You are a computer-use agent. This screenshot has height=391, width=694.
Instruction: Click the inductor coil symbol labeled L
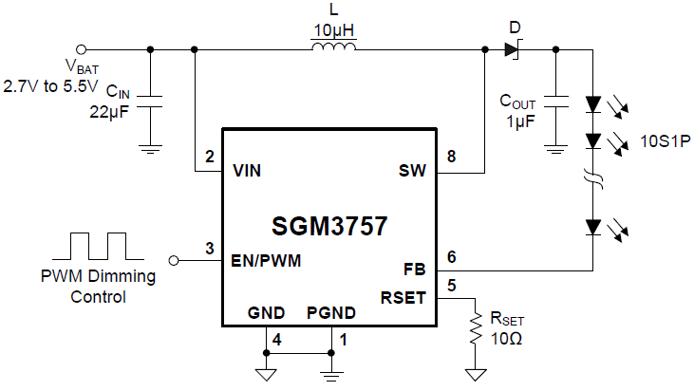pos(333,48)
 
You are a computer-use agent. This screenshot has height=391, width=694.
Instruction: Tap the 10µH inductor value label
pos(333,30)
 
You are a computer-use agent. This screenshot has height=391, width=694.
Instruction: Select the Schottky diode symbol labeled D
pos(514,48)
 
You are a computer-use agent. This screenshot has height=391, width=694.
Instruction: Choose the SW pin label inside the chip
pos(413,172)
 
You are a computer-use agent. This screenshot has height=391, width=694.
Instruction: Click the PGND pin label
pos(330,312)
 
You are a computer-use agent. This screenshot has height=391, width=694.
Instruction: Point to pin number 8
pos(451,158)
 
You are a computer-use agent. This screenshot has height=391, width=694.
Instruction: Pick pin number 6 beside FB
pos(451,257)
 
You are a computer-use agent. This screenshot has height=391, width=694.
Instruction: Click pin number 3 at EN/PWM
pos(209,249)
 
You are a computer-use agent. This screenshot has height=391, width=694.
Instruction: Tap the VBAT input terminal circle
pos(82,48)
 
